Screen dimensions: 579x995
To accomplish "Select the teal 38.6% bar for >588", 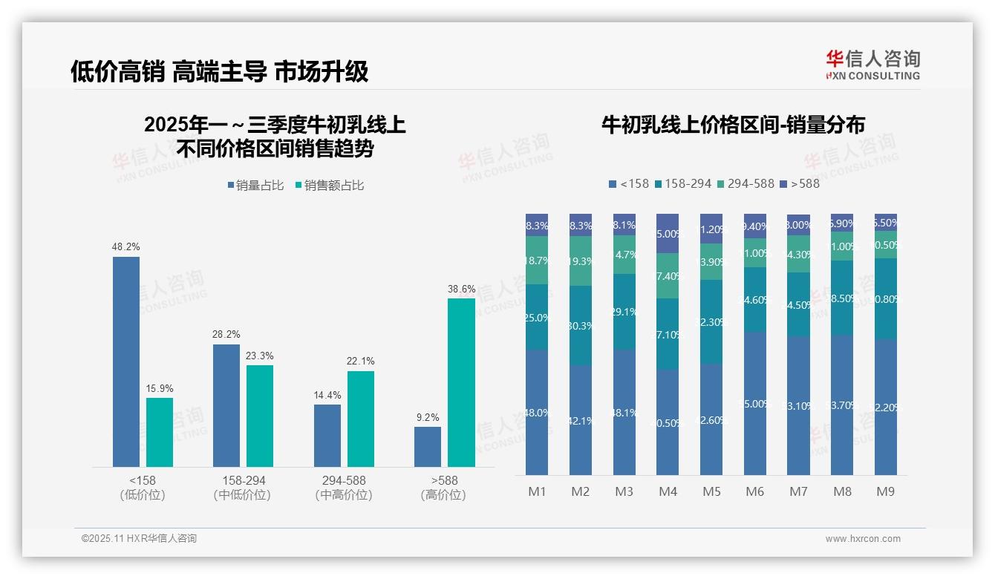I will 461,382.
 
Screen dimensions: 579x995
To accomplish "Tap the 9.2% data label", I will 428,417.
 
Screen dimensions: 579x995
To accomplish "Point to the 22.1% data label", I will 360,362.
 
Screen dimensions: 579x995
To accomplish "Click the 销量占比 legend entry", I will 255,186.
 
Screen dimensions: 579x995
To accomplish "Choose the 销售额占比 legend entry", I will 330,186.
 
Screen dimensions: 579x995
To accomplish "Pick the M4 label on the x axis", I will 668,491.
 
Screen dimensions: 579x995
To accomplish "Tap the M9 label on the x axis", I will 885,491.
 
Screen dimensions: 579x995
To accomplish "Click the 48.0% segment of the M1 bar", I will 536,413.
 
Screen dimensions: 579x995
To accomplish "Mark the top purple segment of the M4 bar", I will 668,233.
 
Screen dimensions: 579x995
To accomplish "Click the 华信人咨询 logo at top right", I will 872,65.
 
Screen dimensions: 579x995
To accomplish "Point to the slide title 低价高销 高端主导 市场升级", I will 219,72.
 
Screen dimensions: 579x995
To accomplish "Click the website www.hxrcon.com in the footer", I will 862,539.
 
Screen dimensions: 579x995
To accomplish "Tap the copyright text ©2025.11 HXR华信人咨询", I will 139,539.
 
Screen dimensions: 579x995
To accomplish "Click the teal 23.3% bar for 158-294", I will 260,416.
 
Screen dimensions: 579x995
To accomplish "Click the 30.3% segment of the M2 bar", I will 580,325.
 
